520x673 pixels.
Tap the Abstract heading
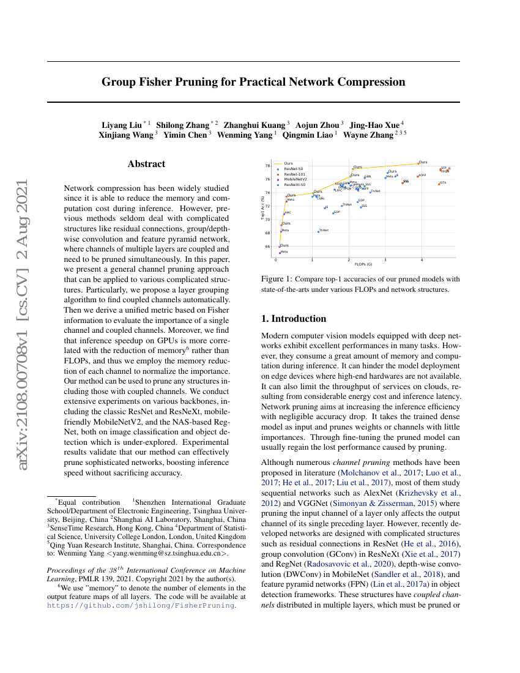[146, 164]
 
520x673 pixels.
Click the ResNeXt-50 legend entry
[294, 184]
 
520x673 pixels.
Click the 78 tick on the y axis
[267, 166]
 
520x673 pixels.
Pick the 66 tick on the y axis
[267, 247]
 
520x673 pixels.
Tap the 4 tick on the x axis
[422, 260]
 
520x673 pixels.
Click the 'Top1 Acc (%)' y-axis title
[262, 207]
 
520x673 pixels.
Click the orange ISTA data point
[439, 184]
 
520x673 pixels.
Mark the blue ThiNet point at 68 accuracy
[318, 231]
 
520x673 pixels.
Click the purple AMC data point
[284, 214]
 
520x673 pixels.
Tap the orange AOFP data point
[418, 176]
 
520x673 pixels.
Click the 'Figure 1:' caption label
[273, 279]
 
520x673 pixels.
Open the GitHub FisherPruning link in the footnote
[141, 604]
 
